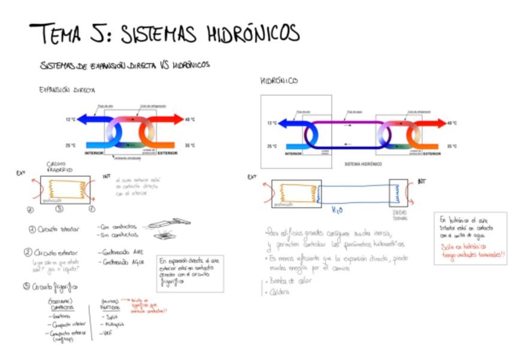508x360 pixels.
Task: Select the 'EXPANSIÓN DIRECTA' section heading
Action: click(67, 90)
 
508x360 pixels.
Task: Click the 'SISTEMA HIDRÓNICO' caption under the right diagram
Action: click(363, 163)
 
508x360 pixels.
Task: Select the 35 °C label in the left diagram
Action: click(190, 145)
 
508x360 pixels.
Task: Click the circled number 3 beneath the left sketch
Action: click(59, 209)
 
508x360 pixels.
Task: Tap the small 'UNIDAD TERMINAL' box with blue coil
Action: click(398, 193)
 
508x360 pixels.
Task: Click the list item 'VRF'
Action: click(108, 332)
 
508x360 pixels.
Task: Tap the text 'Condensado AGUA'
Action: click(123, 262)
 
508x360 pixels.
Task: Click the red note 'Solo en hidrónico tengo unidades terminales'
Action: click(471, 250)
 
